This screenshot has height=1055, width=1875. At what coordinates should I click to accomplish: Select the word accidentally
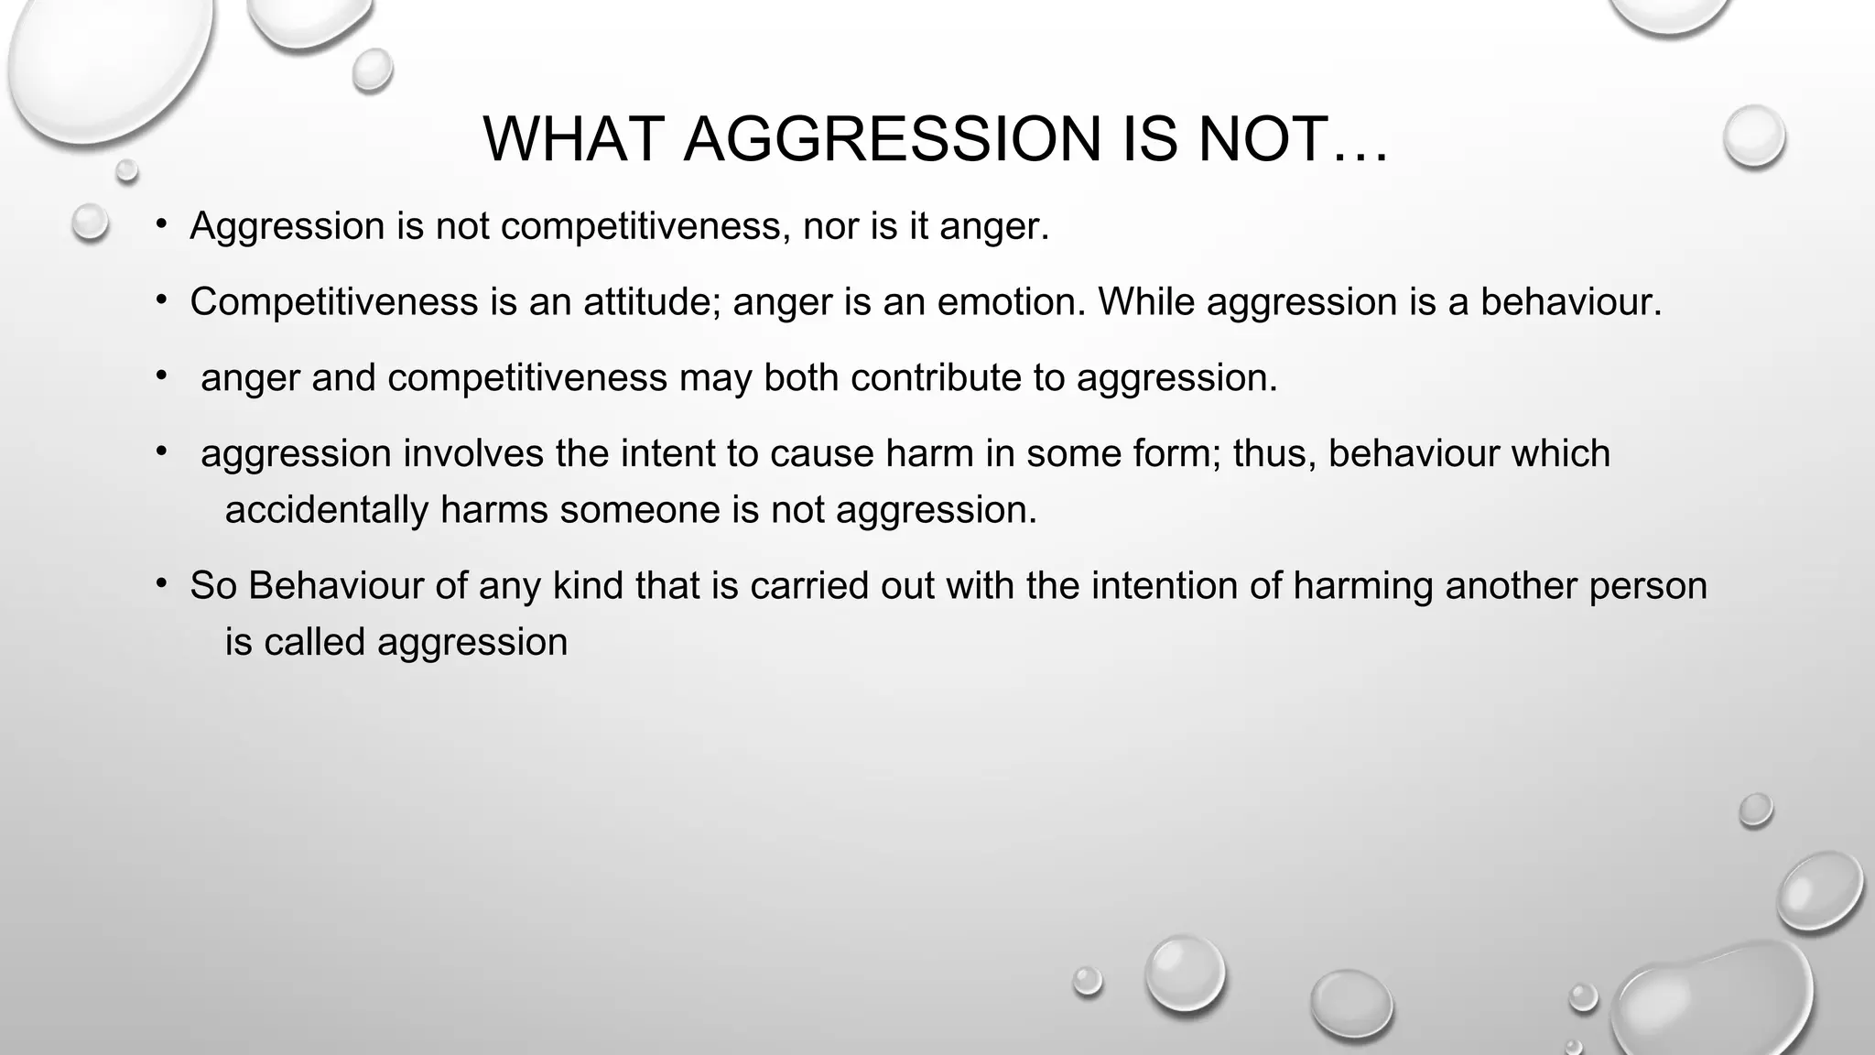pos(326,509)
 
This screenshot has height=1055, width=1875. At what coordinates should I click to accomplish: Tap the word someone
pos(640,509)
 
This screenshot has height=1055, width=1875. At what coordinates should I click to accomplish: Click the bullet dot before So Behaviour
pos(161,583)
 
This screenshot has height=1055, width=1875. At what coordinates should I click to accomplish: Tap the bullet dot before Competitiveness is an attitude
pos(161,299)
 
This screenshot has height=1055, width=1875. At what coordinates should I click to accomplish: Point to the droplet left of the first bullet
pos(90,222)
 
